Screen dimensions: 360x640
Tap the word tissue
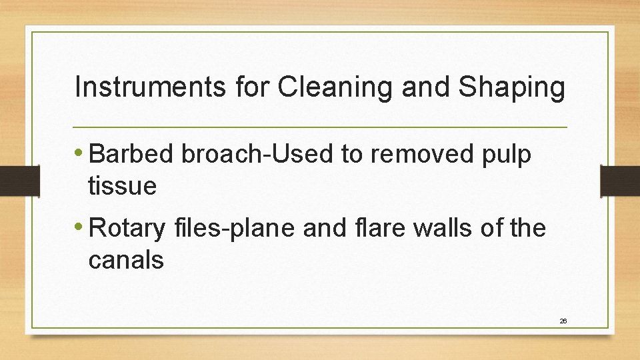tap(122, 186)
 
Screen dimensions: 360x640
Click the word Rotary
tap(127, 230)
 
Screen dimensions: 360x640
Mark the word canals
tap(125, 260)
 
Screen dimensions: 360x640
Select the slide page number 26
tap(563, 321)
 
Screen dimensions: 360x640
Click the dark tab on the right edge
tap(620, 181)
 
